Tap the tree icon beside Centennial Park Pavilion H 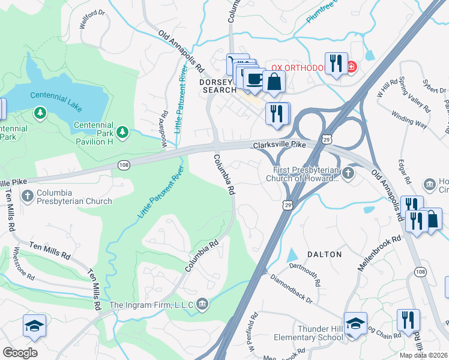pyautogui.click(x=123, y=131)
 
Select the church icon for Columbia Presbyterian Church pyautogui.click(x=27, y=196)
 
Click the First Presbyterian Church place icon pyautogui.click(x=349, y=173)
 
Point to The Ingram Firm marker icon pyautogui.click(x=202, y=305)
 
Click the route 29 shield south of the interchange pyautogui.click(x=288, y=205)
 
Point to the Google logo pyautogui.click(x=19, y=352)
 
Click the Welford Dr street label pyautogui.click(x=92, y=19)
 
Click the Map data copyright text pyautogui.click(x=424, y=355)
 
